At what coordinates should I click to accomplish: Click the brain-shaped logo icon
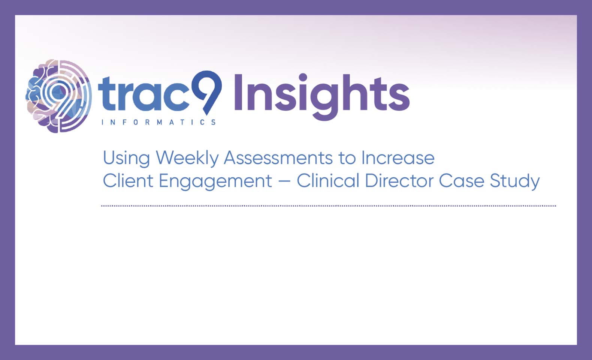click(x=59, y=96)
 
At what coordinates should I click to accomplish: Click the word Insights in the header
click(x=322, y=97)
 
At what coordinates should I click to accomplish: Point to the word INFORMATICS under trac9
click(x=158, y=122)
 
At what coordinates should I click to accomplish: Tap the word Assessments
click(x=278, y=158)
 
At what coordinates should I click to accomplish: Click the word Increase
click(x=398, y=158)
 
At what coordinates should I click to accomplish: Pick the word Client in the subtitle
click(x=128, y=181)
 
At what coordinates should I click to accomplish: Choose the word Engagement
click(x=215, y=182)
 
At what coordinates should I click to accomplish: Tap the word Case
click(x=462, y=181)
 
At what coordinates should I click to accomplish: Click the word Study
click(x=515, y=182)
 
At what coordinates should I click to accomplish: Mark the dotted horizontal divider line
click(x=329, y=206)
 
